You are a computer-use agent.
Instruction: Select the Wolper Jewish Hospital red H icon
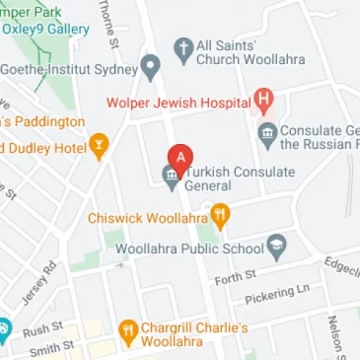(x=263, y=99)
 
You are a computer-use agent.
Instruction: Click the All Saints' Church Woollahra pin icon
(x=183, y=50)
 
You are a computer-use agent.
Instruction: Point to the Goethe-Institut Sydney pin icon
(x=150, y=68)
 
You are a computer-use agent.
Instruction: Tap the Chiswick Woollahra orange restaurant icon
(x=221, y=215)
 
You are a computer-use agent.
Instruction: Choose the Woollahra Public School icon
(x=276, y=248)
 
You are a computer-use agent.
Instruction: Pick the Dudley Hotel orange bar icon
(x=98, y=148)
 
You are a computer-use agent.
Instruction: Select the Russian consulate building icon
(x=267, y=134)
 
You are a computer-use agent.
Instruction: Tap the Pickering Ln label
(x=277, y=294)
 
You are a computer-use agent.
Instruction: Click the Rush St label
(x=43, y=328)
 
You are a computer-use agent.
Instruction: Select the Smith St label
(x=51, y=348)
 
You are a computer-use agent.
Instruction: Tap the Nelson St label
(x=334, y=336)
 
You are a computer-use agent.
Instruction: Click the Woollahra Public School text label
(x=189, y=249)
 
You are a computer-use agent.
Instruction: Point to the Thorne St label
(x=108, y=24)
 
